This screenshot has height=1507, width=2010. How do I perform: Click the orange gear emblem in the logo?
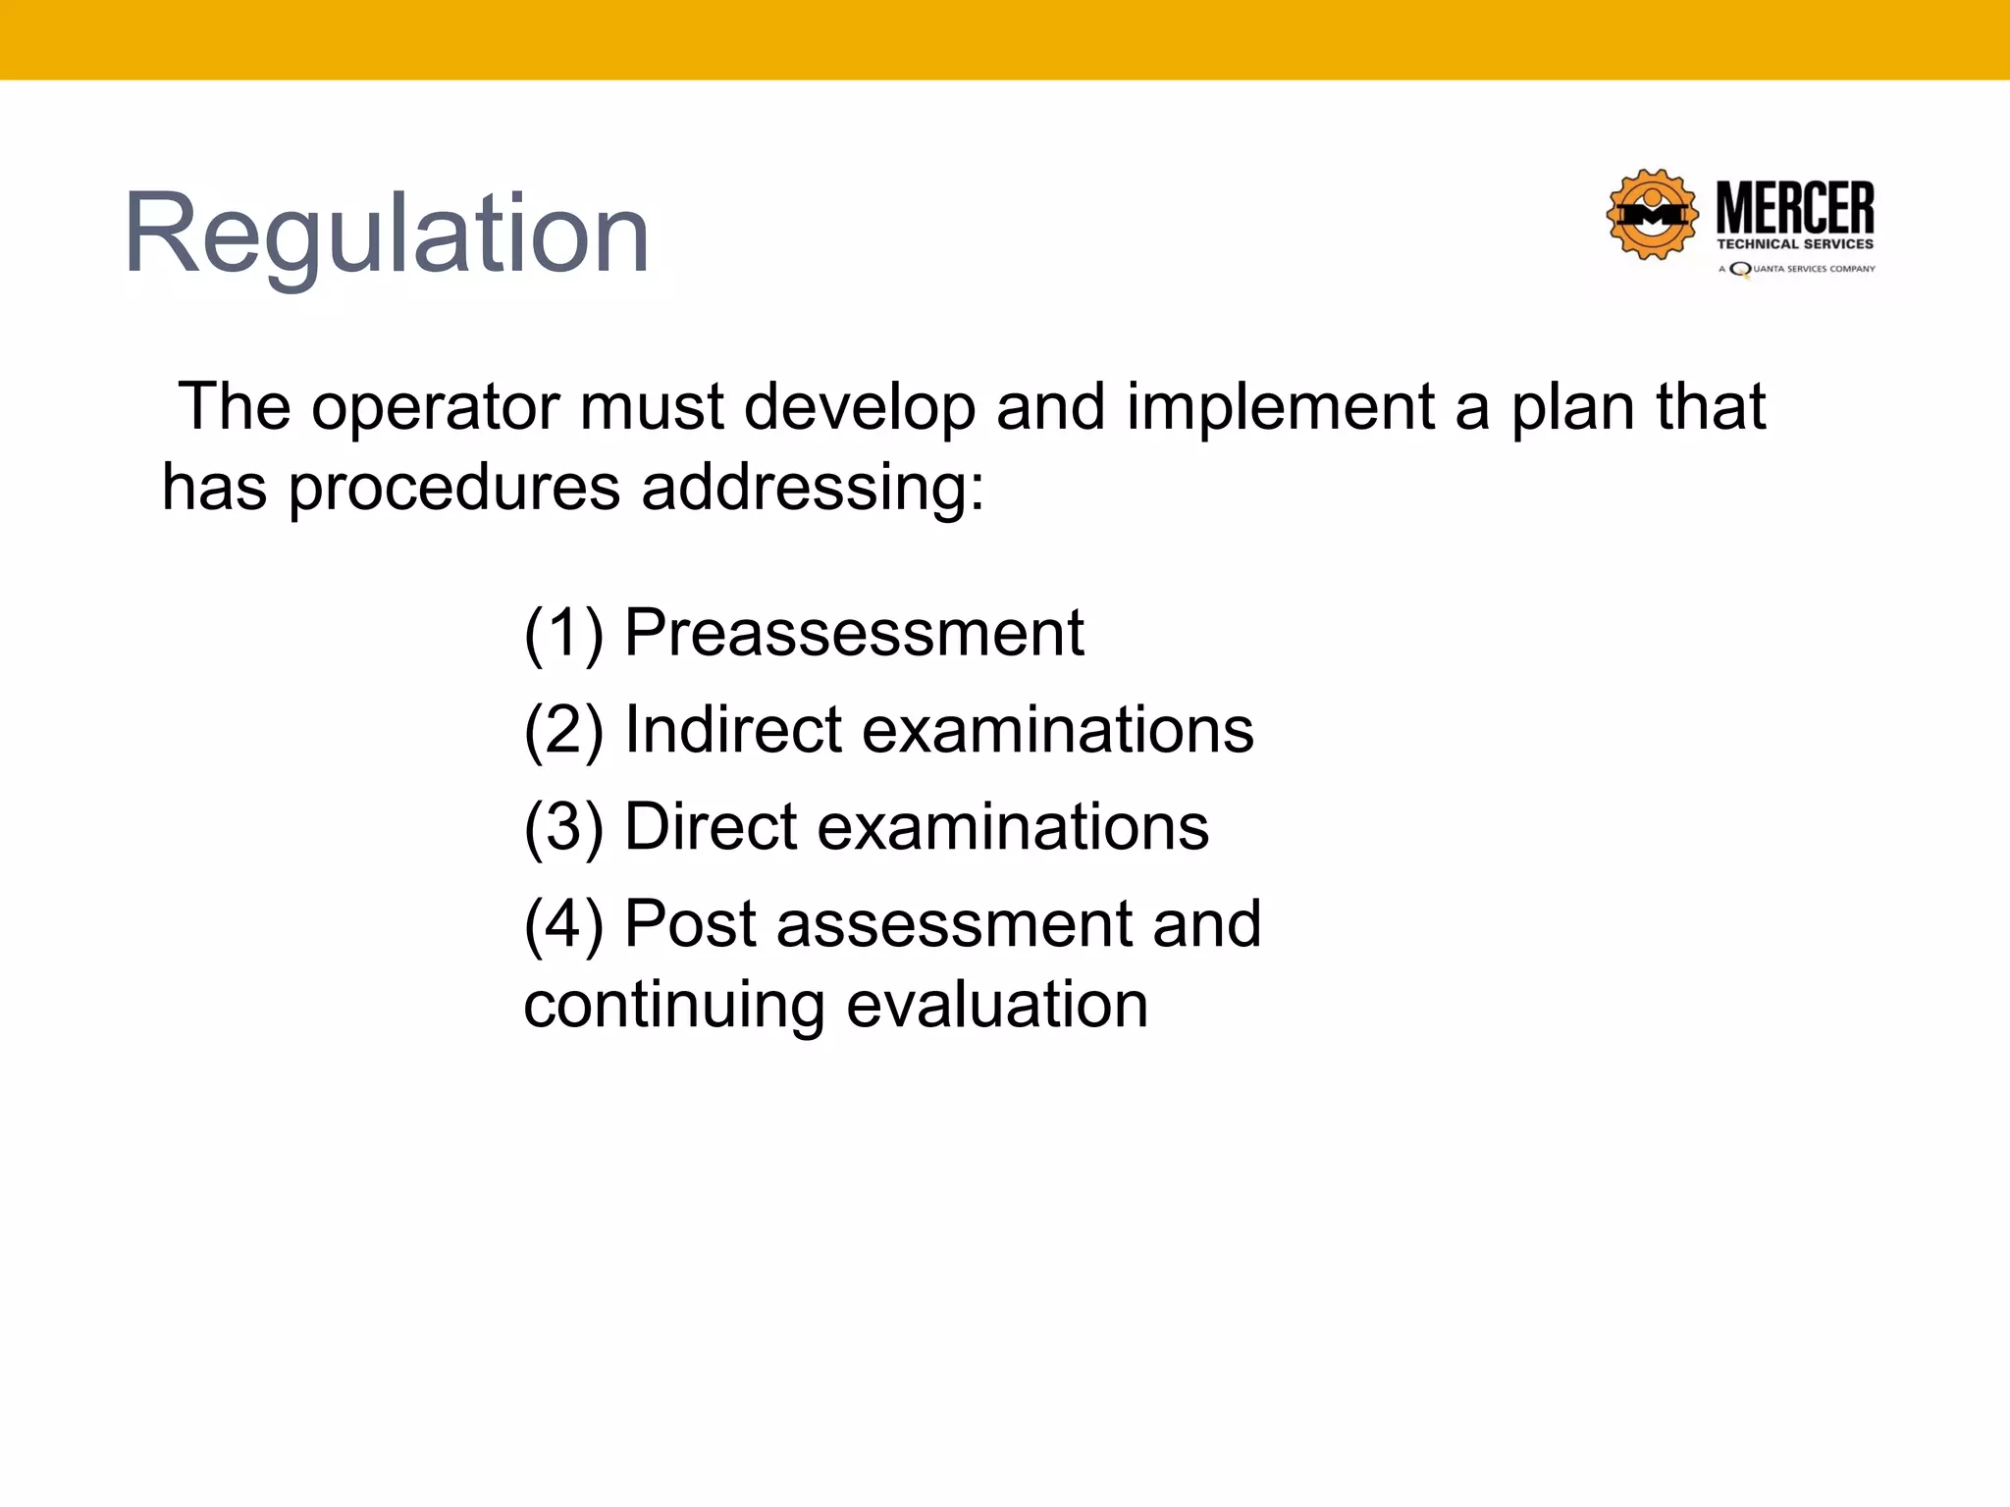pos(1652,214)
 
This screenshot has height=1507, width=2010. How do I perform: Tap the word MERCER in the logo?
pos(1794,208)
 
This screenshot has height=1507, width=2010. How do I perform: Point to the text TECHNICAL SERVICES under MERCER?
pos(1794,244)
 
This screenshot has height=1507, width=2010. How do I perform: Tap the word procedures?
pos(454,488)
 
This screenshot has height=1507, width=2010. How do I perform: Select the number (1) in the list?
pos(563,633)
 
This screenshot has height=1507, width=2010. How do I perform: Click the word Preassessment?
pos(854,633)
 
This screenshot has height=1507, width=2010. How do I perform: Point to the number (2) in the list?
pos(563,730)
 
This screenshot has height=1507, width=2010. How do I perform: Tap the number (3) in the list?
pos(563,827)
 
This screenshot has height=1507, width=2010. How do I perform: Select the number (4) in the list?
pos(563,924)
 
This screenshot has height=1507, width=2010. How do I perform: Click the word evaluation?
pos(996,1005)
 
